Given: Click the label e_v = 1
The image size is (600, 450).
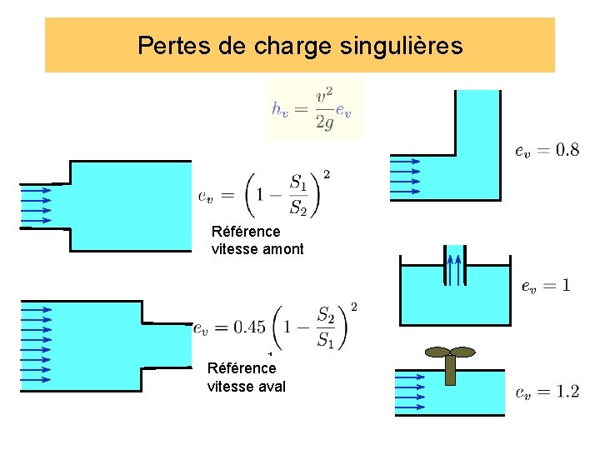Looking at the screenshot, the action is click(547, 286).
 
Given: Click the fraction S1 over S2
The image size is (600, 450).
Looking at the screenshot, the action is click(298, 193).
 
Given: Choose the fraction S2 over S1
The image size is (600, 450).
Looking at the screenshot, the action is click(325, 327).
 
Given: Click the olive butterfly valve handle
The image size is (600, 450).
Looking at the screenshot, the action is click(449, 351).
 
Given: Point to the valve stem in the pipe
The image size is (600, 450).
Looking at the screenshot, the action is click(450, 372).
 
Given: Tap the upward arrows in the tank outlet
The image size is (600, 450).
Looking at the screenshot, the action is click(453, 268).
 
